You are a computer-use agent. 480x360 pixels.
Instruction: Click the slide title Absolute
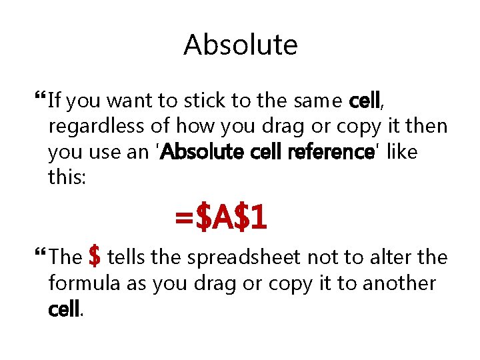coord(240,45)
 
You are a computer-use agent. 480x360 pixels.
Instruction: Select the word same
coord(322,101)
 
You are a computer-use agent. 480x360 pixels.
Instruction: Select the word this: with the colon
coord(67,177)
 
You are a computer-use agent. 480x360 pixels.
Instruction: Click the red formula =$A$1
coord(221,217)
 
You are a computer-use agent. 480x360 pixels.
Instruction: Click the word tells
coord(127,257)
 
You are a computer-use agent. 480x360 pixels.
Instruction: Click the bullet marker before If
coord(37,101)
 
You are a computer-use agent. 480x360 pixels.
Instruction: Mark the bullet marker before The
coord(37,257)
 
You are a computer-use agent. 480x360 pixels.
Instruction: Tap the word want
coord(129,101)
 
